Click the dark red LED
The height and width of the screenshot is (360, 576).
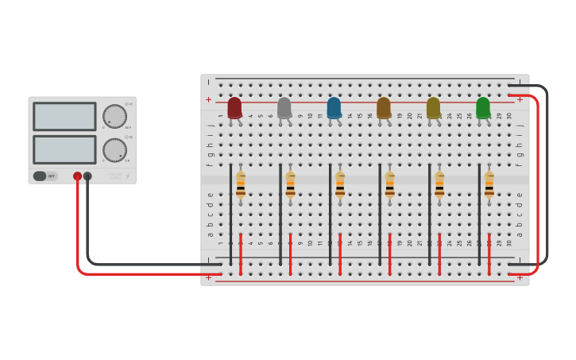tap(234, 107)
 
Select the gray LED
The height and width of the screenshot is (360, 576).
tap(284, 107)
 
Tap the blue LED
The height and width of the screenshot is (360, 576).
tap(334, 107)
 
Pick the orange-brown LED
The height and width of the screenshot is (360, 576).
tap(384, 107)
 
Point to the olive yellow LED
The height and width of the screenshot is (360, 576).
tap(433, 107)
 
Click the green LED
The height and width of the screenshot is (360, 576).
tap(483, 107)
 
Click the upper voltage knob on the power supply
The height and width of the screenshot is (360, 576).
tap(114, 116)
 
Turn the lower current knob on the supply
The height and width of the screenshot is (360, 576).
tap(114, 150)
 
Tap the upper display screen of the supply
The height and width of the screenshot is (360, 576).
tap(64, 116)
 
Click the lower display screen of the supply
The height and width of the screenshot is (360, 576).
tap(64, 149)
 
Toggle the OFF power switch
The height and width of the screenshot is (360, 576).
tap(45, 176)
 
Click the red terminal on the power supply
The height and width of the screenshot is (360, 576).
tap(77, 176)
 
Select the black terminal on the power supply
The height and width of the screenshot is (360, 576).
tap(87, 176)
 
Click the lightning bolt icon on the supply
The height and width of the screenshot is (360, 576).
tap(127, 176)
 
